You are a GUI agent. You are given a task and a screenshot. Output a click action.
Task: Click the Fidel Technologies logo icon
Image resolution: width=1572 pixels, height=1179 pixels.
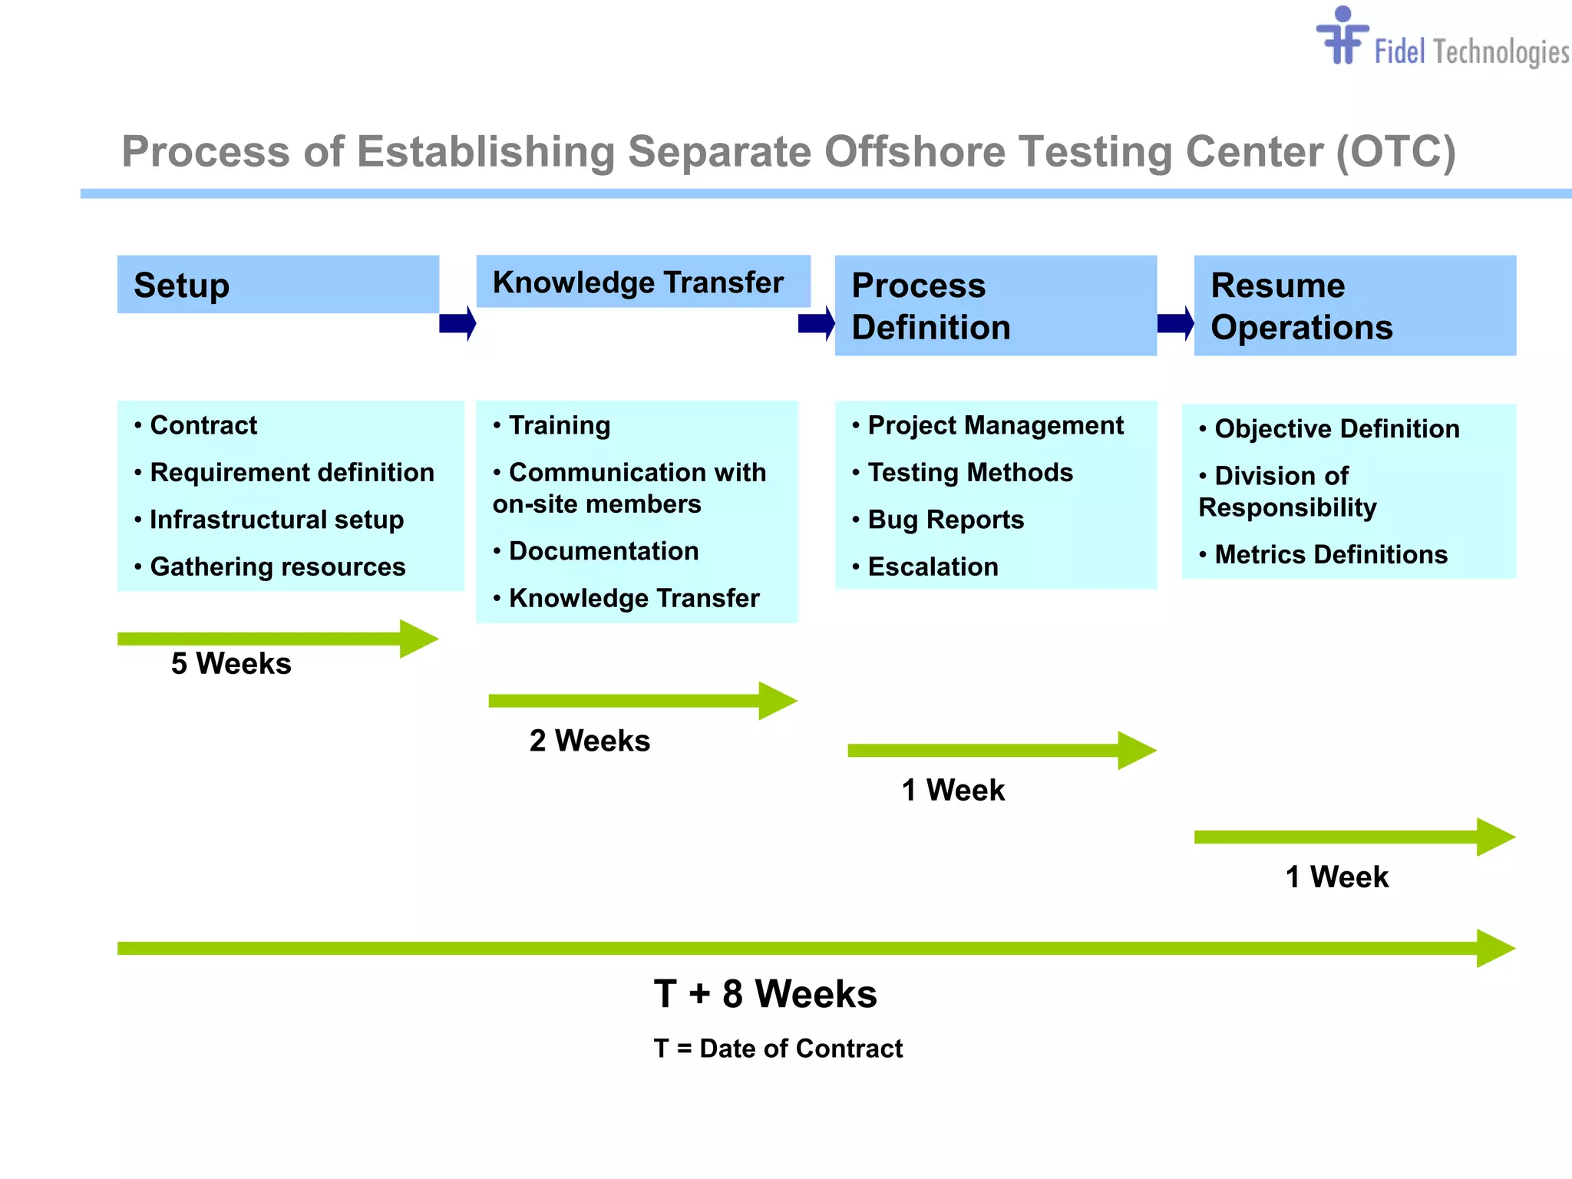(x=1342, y=37)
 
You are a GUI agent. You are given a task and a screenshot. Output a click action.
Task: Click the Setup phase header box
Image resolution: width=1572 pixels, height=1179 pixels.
(x=278, y=285)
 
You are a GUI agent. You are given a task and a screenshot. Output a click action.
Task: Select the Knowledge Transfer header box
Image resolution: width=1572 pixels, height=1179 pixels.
(x=642, y=282)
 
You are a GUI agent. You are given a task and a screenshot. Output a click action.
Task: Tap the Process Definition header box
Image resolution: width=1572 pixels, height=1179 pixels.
(x=995, y=305)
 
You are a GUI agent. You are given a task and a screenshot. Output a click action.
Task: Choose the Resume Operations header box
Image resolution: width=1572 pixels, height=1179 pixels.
(x=1354, y=305)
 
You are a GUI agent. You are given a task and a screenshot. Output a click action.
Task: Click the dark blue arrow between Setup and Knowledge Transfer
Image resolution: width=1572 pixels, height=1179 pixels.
(x=457, y=323)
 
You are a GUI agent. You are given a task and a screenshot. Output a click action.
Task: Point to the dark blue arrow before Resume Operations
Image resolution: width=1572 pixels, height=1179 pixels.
(x=1175, y=323)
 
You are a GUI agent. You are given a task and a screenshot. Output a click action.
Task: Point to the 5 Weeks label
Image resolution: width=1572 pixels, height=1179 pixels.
(x=231, y=663)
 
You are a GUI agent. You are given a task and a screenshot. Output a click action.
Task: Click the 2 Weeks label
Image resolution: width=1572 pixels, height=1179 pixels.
(x=589, y=741)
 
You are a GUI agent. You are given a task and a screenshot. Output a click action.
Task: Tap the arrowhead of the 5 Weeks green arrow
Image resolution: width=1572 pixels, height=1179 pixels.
(x=418, y=639)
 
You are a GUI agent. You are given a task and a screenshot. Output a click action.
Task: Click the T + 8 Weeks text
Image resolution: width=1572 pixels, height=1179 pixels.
(x=765, y=994)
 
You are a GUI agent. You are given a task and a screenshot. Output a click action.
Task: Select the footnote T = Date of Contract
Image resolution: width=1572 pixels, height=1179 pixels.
(x=778, y=1049)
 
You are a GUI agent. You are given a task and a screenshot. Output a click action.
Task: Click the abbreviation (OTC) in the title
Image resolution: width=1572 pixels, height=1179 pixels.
(x=1395, y=151)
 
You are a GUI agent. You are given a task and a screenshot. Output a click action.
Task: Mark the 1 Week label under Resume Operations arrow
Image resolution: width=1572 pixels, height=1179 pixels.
(x=1336, y=877)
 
